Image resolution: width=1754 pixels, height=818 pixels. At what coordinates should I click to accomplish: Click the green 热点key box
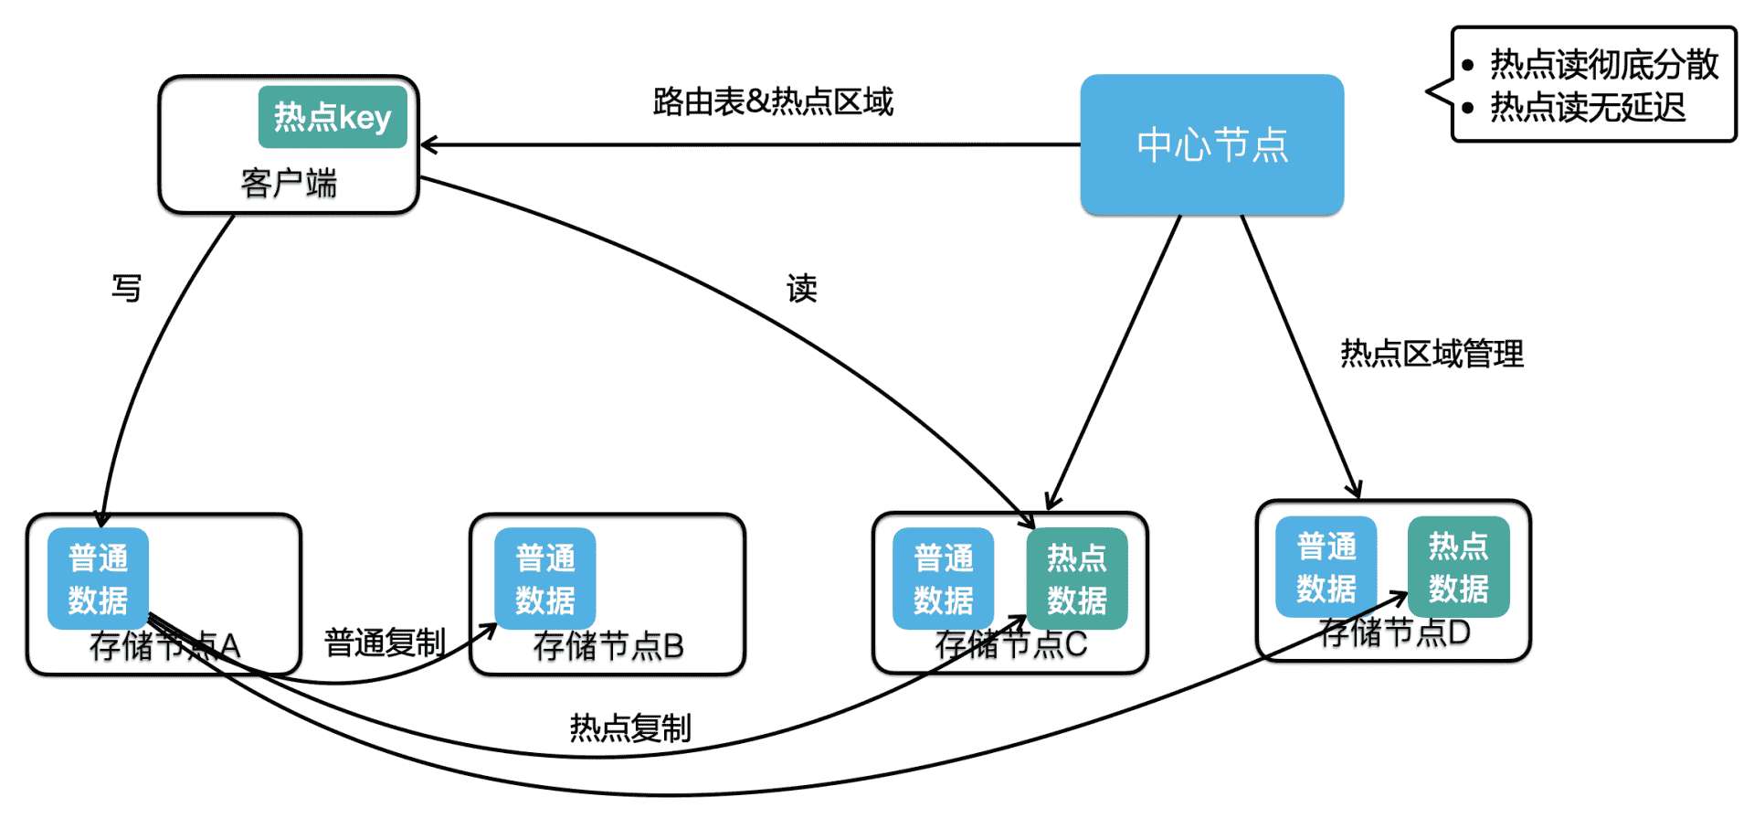click(x=333, y=117)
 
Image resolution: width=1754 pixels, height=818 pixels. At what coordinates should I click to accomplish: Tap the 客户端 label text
click(x=289, y=184)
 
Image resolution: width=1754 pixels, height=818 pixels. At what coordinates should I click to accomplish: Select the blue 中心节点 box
click(x=1211, y=145)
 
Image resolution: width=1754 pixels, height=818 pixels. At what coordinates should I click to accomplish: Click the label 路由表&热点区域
click(x=773, y=101)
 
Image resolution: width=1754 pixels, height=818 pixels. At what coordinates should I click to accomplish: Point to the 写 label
click(x=127, y=288)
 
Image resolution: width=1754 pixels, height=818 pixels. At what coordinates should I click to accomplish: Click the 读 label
click(x=801, y=288)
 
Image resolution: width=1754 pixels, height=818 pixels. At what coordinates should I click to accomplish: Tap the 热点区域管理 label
click(x=1432, y=354)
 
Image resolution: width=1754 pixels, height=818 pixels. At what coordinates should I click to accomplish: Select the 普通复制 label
click(x=385, y=643)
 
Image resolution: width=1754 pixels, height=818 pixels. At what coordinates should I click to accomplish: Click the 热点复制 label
click(x=629, y=728)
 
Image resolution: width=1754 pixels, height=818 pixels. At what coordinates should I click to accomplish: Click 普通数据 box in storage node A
click(x=98, y=579)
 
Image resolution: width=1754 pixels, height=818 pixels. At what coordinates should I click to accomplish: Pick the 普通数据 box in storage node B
click(x=544, y=579)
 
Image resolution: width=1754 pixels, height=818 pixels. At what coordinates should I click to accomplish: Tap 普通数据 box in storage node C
click(x=943, y=579)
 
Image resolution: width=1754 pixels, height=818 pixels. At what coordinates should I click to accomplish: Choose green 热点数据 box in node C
click(x=1076, y=579)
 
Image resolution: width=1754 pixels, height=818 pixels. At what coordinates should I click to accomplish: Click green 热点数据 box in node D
click(x=1458, y=567)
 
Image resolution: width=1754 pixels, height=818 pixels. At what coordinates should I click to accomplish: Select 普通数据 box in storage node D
click(x=1326, y=567)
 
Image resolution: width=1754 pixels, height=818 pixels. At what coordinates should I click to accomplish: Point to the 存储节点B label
click(x=608, y=646)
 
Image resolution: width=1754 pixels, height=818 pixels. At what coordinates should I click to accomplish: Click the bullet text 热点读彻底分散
click(x=1604, y=64)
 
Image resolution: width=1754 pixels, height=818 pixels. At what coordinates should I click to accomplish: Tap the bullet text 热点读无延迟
click(x=1588, y=108)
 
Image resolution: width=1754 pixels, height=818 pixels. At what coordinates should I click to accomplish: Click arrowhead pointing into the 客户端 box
click(x=427, y=144)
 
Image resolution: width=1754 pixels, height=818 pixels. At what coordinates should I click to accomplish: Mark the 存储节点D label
click(x=1395, y=632)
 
